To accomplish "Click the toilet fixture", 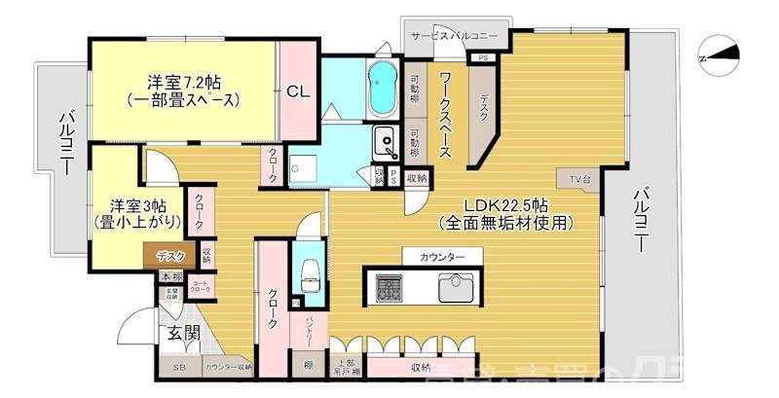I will pos(312,272).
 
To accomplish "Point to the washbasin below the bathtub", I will pos(386,144).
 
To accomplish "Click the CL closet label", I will pos(298,92).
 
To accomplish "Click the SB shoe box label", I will pos(179,368).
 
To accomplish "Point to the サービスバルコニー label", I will pos(454,35).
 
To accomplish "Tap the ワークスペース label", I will pos(444,115).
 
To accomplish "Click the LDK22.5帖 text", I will pos(504,205).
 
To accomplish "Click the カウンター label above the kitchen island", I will pos(442,256).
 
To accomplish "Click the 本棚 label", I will pos(170,278).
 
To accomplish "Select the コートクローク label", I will pos(201,287).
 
